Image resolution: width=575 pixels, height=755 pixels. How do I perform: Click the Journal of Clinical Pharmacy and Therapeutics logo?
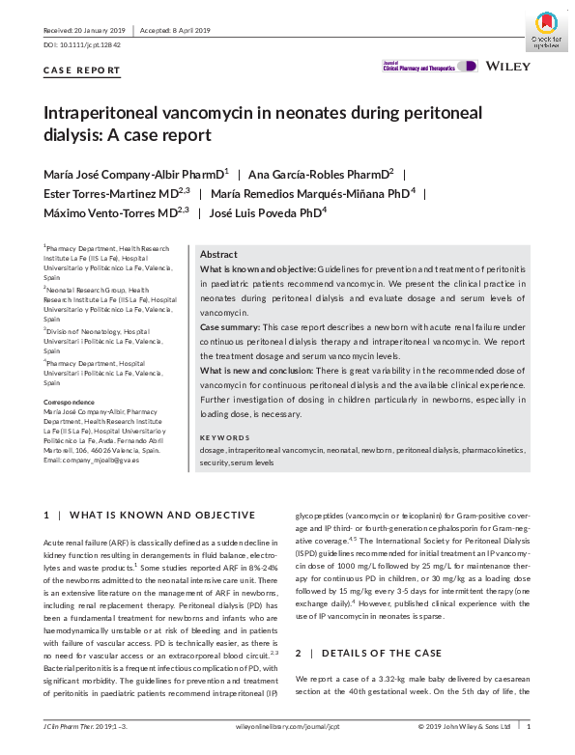(430, 66)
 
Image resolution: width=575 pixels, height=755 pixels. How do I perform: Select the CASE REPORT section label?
(83, 70)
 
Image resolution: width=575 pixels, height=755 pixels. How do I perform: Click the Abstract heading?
(217, 253)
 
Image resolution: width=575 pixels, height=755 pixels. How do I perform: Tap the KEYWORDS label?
(223, 437)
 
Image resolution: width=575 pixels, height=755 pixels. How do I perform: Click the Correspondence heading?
(69, 402)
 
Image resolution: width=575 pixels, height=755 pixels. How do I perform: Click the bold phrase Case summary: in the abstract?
(228, 326)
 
